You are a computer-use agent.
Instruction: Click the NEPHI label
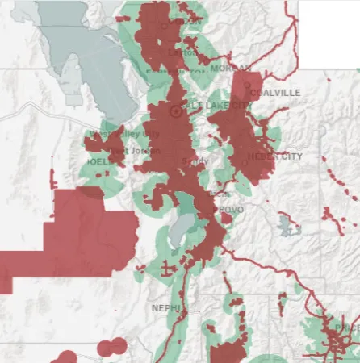tap(165, 307)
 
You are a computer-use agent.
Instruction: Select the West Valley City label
tap(120, 134)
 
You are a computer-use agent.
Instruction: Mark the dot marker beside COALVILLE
tap(253, 94)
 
